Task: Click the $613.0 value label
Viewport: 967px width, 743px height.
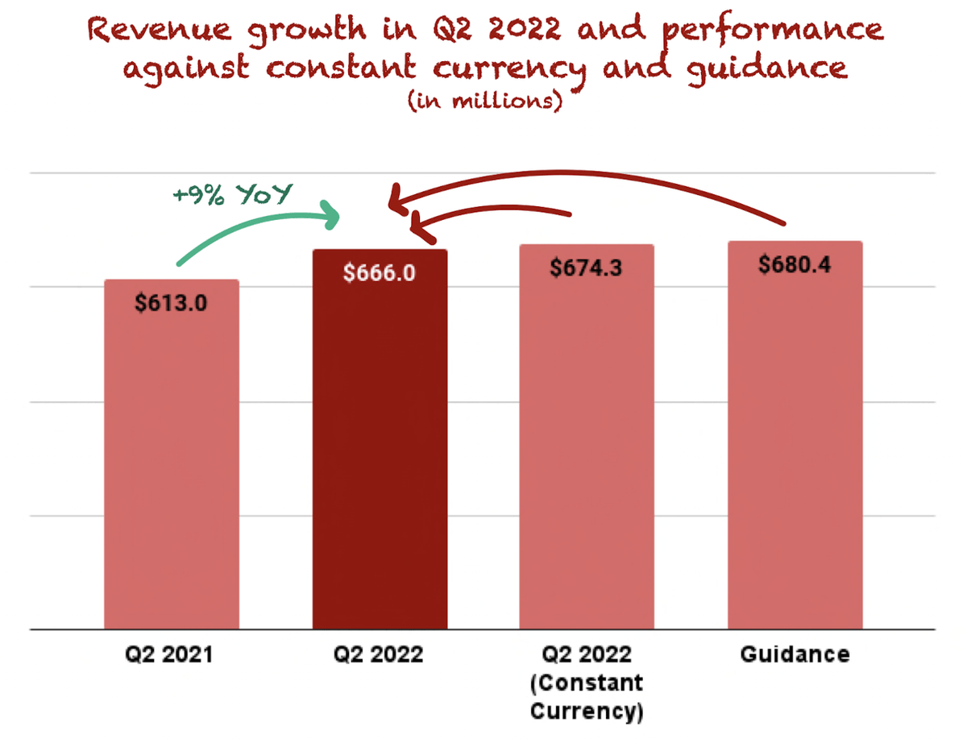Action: [x=171, y=303]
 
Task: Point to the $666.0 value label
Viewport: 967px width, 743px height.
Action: [x=380, y=273]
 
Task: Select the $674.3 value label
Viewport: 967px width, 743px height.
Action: [x=586, y=268]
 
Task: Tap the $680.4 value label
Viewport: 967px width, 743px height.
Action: [x=795, y=264]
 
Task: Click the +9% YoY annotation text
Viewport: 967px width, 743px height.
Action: [x=230, y=195]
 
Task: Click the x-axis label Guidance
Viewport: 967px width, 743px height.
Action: [x=795, y=654]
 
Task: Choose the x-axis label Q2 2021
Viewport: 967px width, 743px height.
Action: [x=171, y=654]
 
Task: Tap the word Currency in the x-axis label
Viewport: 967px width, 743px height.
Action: [x=586, y=712]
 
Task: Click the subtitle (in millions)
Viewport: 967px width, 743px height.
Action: [x=483, y=102]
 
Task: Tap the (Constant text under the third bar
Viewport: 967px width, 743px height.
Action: [x=586, y=683]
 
